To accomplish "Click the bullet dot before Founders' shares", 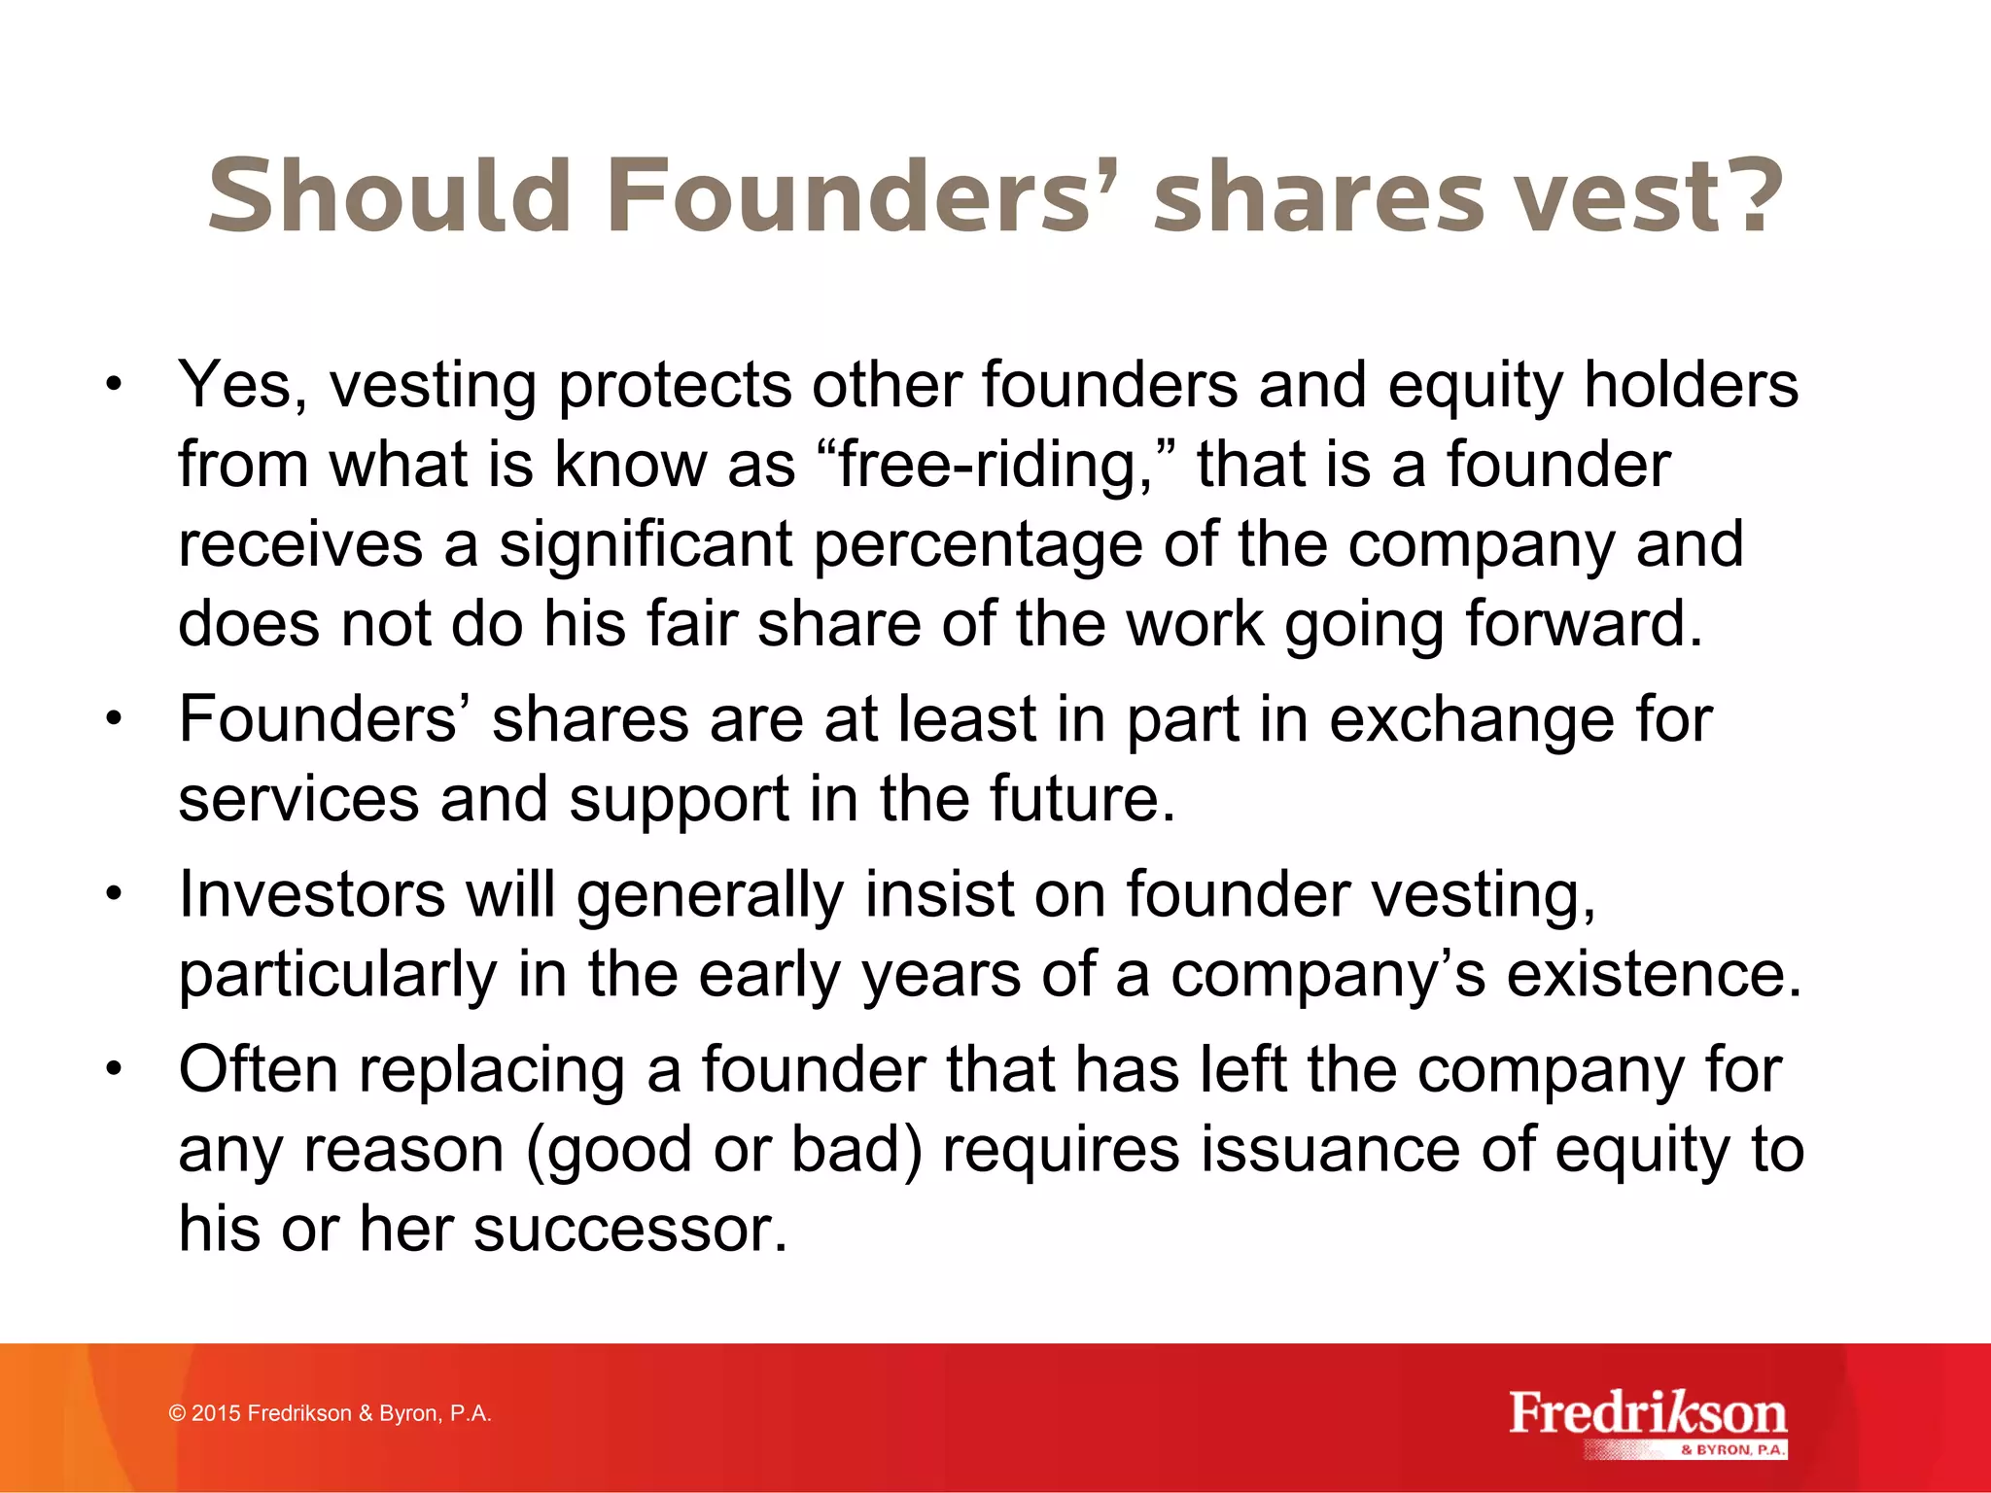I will coord(115,720).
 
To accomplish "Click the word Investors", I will coord(311,894).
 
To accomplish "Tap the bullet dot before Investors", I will coord(115,893).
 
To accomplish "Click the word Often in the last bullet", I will coord(259,1069).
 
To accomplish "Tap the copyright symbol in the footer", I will coord(177,1413).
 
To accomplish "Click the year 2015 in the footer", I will coord(216,1413).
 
